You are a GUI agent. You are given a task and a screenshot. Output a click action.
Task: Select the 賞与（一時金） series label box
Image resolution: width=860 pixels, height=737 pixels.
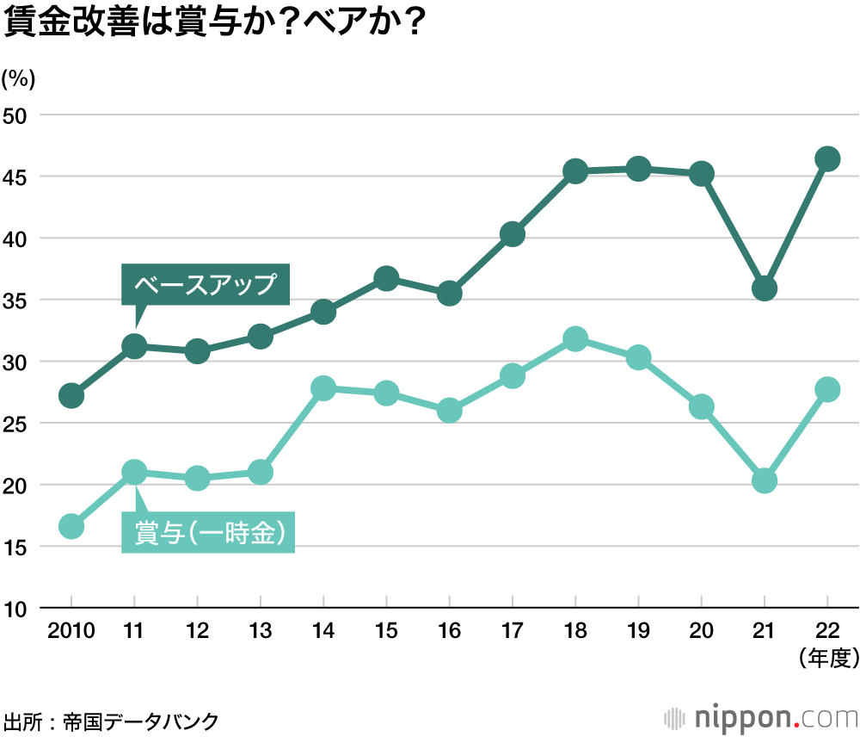(208, 533)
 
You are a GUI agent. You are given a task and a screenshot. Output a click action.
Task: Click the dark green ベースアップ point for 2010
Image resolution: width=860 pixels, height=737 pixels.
(71, 396)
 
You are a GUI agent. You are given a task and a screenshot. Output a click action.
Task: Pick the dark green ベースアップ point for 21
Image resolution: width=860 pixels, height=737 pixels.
(764, 288)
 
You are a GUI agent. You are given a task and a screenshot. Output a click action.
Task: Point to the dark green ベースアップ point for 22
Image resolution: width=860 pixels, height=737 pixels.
(827, 158)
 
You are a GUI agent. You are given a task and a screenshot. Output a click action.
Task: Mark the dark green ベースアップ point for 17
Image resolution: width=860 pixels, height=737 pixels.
(513, 233)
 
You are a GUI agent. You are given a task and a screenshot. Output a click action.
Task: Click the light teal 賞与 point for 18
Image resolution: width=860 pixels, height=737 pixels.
(575, 338)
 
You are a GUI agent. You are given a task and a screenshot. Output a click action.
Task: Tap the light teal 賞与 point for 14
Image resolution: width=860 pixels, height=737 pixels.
(323, 388)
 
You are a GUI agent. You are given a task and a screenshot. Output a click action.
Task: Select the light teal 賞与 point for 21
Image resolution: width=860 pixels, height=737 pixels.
(764, 480)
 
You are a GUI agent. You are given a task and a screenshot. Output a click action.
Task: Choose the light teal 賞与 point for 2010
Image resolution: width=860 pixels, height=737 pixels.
(71, 526)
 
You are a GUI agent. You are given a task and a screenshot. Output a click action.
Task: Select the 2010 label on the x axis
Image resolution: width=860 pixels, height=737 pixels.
(71, 632)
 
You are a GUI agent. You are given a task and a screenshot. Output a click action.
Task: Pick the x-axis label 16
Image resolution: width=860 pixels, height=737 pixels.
(449, 632)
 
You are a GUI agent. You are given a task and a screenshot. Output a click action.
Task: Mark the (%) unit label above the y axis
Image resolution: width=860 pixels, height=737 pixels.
(18, 78)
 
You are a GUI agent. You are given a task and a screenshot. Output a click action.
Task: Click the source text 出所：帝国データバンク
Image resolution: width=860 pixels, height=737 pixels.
(111, 720)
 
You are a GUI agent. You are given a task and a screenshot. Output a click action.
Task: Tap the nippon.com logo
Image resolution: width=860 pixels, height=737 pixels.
(760, 716)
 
